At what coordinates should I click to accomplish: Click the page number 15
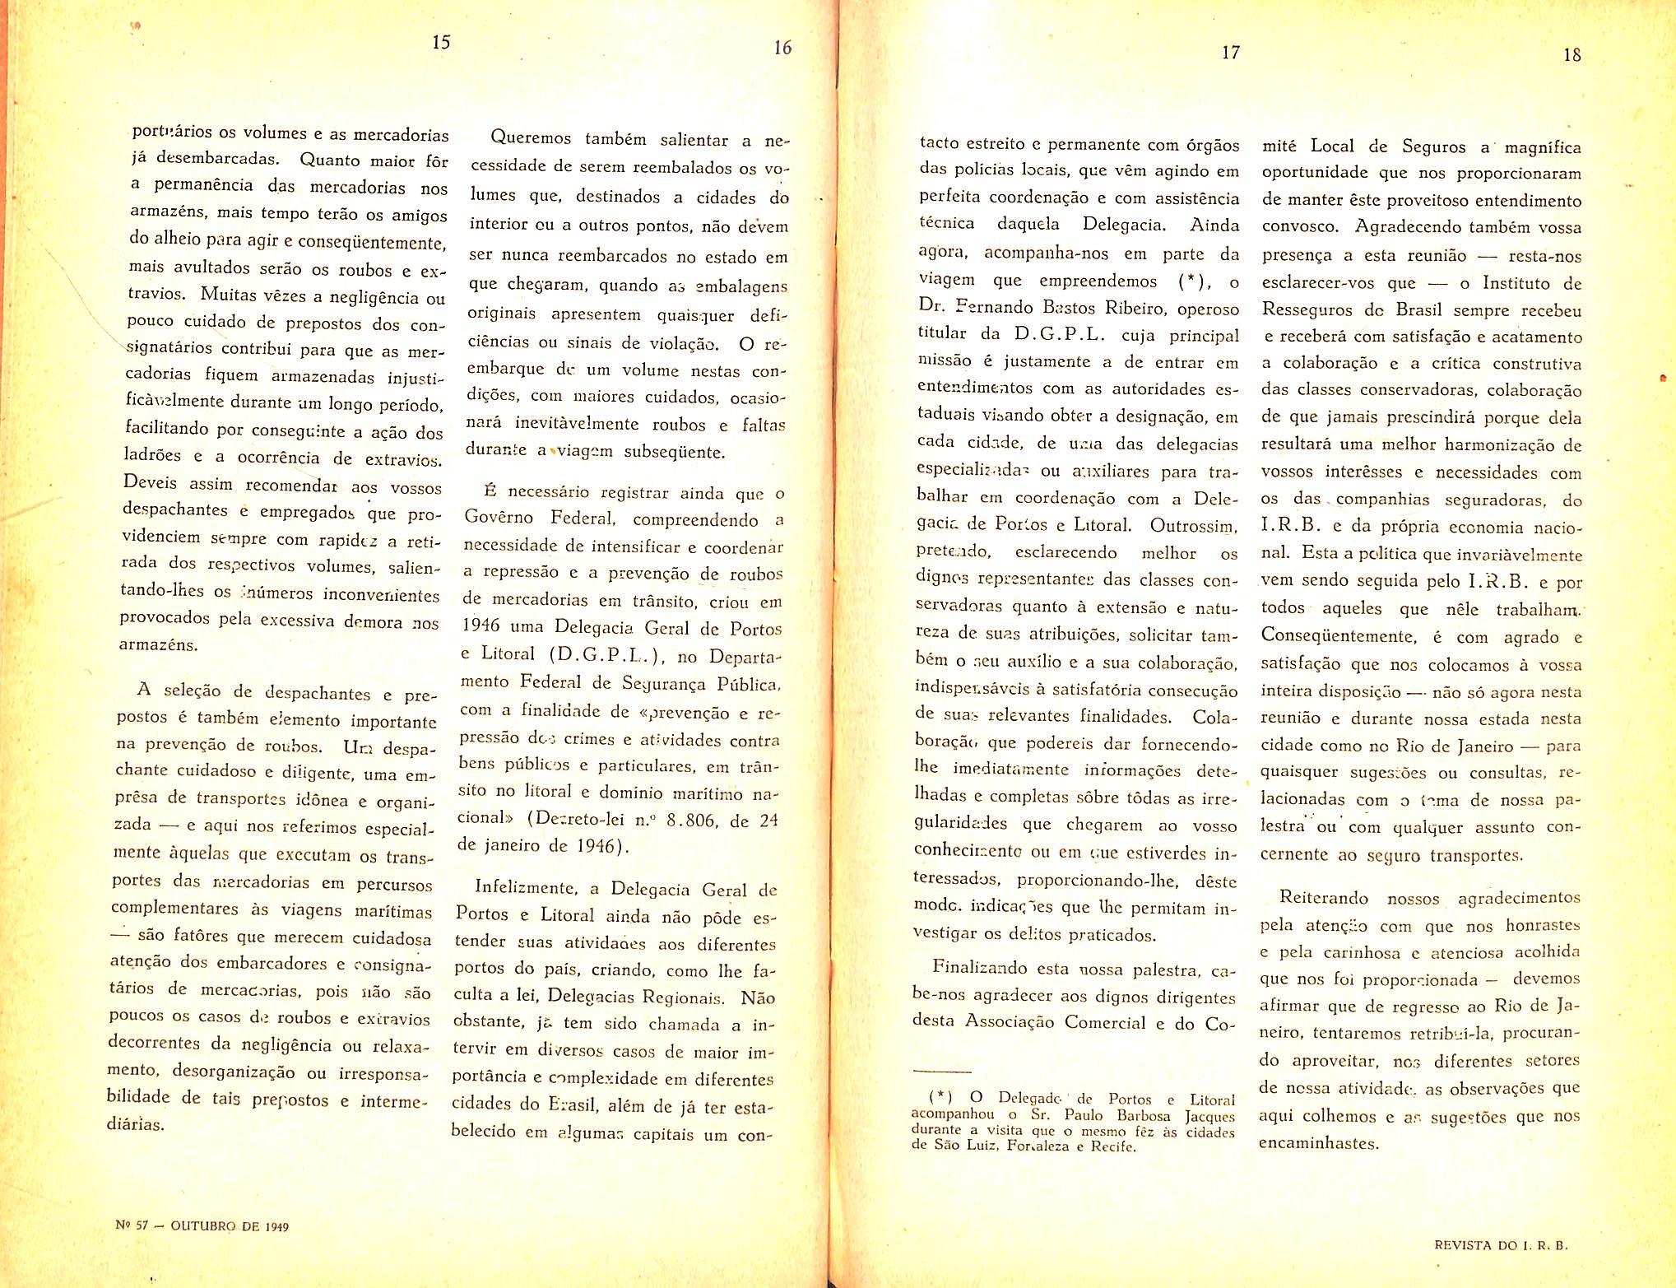click(441, 42)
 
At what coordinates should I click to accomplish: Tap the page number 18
click(1572, 55)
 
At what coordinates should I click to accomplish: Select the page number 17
click(1230, 53)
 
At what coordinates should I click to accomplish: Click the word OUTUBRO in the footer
click(203, 1225)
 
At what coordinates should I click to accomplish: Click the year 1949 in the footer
click(276, 1226)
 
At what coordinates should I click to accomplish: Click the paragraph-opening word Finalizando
click(979, 968)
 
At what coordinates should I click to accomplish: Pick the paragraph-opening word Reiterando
click(1324, 898)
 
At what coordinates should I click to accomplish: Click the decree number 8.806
click(694, 820)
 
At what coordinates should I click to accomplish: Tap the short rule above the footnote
click(942, 1071)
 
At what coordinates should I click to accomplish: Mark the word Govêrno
click(499, 518)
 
